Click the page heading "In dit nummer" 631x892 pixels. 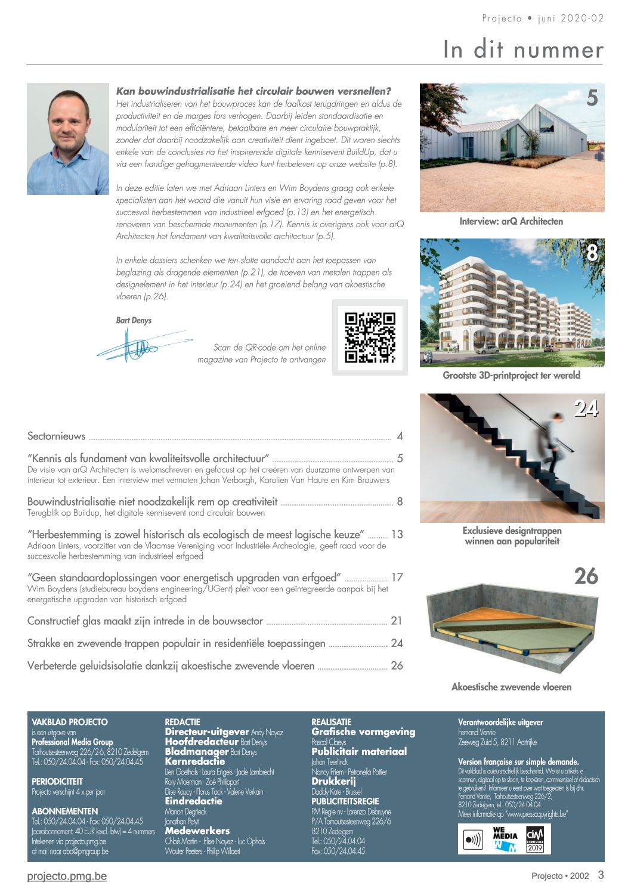[523, 49]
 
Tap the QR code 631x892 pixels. [370, 337]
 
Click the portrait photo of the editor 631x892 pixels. [68, 139]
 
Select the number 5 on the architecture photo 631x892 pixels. [592, 98]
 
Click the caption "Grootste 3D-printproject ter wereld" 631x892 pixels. [511, 375]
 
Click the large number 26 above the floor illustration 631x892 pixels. [586, 576]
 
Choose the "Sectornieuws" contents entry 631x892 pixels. [57, 436]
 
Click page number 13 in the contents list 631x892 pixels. [397, 534]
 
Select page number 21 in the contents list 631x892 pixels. [397, 621]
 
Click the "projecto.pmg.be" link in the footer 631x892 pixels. [67, 876]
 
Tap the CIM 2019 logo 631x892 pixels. [535, 839]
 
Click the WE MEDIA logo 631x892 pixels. [505, 839]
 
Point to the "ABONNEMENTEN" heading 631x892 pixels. [65, 812]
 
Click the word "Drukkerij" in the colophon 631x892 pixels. [333, 781]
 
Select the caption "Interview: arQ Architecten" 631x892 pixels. [511, 221]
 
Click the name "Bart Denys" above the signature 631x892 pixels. [134, 320]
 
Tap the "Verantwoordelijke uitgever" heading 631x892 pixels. [500, 722]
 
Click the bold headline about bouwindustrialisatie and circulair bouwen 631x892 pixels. [253, 91]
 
